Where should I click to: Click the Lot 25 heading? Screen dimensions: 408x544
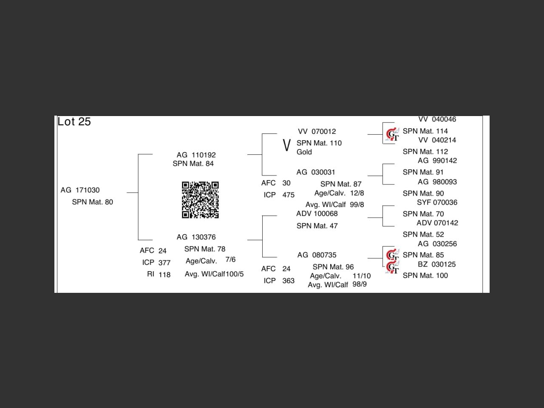pos(74,122)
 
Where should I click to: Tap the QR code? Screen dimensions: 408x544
pos(200,200)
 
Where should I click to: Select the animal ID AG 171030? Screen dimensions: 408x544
pos(80,190)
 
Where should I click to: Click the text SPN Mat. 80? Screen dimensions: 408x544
pos(92,202)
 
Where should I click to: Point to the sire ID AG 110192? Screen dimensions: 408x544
pos(196,155)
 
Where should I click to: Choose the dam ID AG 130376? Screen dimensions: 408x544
pos(196,237)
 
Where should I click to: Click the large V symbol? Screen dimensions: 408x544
pos(286,145)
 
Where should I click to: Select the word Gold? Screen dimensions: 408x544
pos(304,152)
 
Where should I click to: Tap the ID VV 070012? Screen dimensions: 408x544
pos(317,132)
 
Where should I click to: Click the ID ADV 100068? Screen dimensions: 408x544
pos(317,214)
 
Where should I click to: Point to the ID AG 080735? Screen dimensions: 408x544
pos(317,255)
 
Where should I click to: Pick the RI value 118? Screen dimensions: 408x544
pos(164,275)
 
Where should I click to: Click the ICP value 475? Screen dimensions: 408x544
pos(288,195)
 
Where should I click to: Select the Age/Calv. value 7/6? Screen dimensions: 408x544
pos(230,260)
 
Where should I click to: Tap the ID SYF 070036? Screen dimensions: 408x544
pos(437,203)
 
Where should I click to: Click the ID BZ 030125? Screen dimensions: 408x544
pos(436,264)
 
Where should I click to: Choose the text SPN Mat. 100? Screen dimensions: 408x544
pos(425,275)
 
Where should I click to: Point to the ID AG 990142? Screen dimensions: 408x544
pos(437,161)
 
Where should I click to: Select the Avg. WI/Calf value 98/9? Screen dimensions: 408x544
pos(360,284)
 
